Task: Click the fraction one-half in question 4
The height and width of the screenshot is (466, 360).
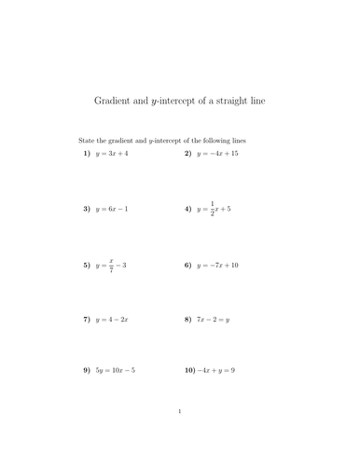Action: coord(212,209)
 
